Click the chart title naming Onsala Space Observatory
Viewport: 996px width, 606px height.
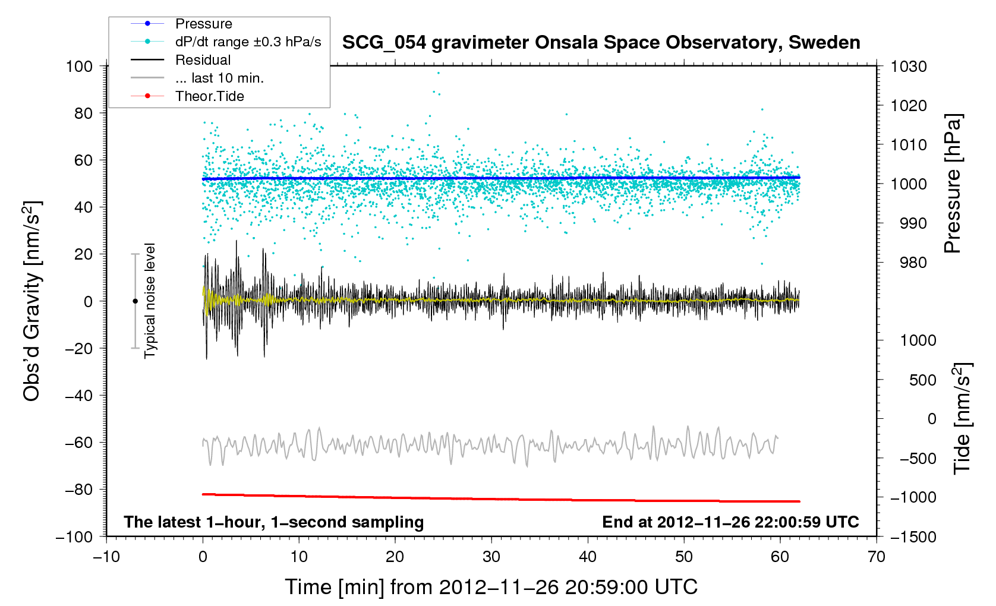[601, 43]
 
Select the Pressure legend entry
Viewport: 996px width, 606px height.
[203, 24]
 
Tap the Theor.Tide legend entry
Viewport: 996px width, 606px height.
[209, 96]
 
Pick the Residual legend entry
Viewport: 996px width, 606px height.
[203, 60]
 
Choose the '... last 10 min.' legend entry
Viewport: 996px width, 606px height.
[219, 78]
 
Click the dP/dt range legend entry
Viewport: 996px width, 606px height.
[248, 42]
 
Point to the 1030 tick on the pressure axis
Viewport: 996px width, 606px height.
[909, 67]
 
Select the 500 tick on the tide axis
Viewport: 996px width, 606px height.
[922, 380]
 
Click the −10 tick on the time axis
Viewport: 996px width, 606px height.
[106, 557]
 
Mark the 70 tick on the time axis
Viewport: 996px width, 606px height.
[877, 557]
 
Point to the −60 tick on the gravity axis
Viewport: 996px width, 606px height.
[79, 443]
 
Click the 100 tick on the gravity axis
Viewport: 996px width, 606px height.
[80, 67]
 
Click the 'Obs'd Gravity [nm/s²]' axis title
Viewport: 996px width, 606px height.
[32, 301]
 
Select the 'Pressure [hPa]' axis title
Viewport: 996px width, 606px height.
[953, 184]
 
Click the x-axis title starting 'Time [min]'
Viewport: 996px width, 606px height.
[491, 587]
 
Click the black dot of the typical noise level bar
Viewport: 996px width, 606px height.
[135, 301]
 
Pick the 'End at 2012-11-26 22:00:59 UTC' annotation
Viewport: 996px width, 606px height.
[730, 522]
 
